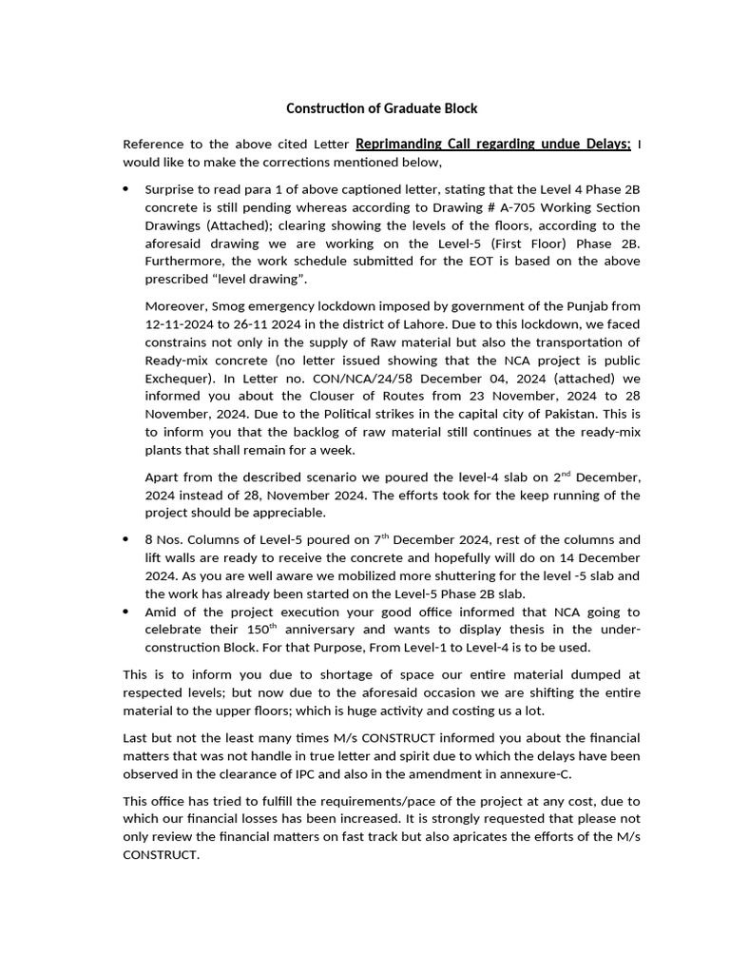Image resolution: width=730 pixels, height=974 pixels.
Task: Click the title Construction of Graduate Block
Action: [x=375, y=108]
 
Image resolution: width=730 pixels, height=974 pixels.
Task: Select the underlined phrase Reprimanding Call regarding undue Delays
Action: [x=492, y=144]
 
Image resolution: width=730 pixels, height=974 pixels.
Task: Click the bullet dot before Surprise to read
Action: [x=126, y=189]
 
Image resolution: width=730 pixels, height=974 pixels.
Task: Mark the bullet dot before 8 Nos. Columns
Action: [x=126, y=539]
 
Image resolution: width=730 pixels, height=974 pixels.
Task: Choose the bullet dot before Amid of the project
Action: [x=126, y=612]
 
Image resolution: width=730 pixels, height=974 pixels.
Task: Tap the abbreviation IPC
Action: [x=336, y=773]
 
